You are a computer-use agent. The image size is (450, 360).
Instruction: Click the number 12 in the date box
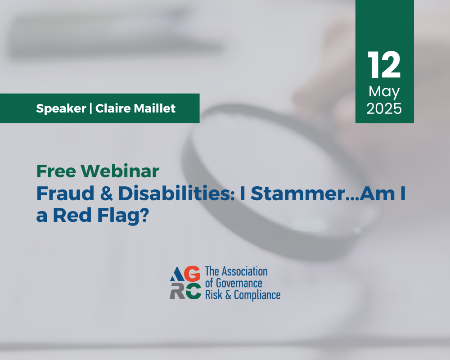click(x=384, y=65)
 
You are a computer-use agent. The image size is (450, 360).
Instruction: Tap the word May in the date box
click(x=384, y=92)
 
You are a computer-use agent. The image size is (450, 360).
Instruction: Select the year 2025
click(x=384, y=108)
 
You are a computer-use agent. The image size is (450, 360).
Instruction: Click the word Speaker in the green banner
click(x=61, y=108)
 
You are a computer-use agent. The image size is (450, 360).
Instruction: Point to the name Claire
click(x=113, y=108)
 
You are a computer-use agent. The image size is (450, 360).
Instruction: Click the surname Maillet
click(x=155, y=108)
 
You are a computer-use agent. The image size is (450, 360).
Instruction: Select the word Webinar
click(x=120, y=171)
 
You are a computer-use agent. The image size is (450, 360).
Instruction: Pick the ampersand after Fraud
click(x=107, y=193)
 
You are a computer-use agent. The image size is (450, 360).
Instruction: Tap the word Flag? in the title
click(x=123, y=216)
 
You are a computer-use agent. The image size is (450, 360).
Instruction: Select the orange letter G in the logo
click(x=192, y=274)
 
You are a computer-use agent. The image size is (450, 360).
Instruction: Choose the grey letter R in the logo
click(x=177, y=291)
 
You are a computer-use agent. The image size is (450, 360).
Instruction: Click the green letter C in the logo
click(x=193, y=291)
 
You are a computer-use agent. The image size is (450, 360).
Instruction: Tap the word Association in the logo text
click(x=245, y=271)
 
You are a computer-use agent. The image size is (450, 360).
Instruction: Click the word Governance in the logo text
click(x=239, y=283)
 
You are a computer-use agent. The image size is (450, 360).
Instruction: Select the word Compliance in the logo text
click(x=257, y=295)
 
